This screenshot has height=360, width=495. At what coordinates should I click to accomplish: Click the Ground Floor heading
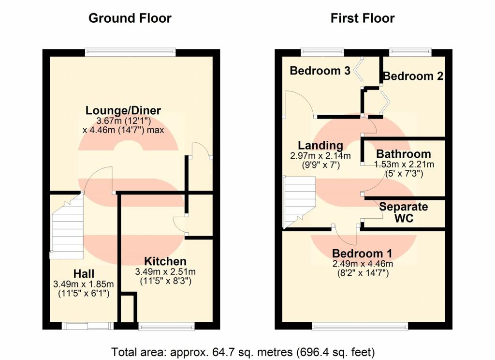coord(130,18)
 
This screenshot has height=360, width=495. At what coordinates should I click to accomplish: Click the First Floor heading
coord(363,18)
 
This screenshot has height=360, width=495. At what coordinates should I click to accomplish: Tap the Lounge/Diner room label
coord(123,110)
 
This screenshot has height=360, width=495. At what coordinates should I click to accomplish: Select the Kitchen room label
coord(165,261)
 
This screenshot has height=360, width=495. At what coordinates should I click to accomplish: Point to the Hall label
coord(84,274)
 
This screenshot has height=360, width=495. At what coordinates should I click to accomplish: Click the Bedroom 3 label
coord(320,71)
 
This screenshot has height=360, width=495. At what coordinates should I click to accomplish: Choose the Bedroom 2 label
coord(413,76)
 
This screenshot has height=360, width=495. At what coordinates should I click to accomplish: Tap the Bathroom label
coord(404,154)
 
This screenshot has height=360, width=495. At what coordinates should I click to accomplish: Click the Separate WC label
coord(404,212)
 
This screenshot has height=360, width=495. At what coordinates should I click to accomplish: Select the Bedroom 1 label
coord(362,254)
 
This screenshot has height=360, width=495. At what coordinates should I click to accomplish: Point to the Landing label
coord(320,145)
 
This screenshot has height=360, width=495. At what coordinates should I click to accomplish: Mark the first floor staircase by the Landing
coord(300,202)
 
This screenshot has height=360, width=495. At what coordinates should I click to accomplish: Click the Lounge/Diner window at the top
coord(130,53)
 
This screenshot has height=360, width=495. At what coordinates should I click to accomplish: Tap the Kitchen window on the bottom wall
coord(166,326)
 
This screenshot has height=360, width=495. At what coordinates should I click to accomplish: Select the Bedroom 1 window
coord(360,326)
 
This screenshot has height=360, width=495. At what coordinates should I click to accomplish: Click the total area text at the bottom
coord(243,352)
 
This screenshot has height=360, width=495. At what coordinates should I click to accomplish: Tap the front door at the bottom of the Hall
coord(87,326)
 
